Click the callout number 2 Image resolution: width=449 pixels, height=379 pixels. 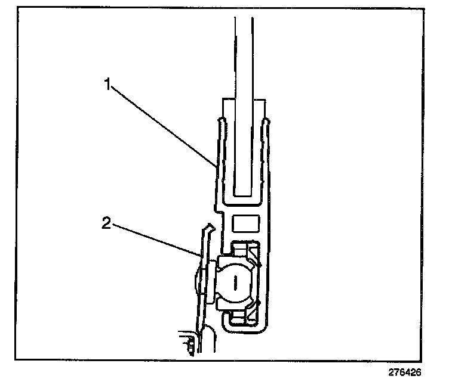(105, 223)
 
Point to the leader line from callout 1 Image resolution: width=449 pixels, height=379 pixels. (161, 125)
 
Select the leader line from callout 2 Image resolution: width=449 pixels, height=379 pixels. (155, 240)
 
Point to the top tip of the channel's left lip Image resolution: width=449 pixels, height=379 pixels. (219, 121)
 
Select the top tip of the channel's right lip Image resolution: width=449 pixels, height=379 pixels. (267, 121)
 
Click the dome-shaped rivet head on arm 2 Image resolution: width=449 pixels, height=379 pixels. (199, 279)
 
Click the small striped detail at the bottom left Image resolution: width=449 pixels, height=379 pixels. (189, 344)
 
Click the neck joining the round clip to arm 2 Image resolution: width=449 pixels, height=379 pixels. (213, 279)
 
